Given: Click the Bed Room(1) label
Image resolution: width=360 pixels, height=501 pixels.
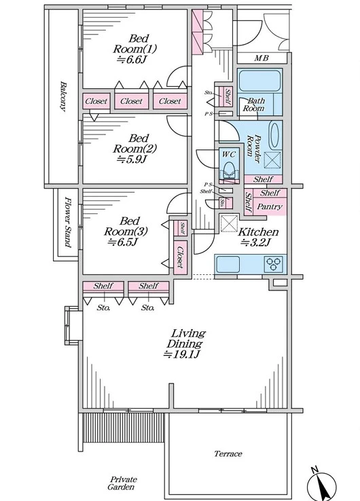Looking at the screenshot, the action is (135, 43).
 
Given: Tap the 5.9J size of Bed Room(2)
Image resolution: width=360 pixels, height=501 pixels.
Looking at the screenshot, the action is (132, 159).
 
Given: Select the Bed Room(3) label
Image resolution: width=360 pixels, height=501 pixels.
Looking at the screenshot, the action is (126, 226).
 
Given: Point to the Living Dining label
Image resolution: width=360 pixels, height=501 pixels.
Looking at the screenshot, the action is (185, 338).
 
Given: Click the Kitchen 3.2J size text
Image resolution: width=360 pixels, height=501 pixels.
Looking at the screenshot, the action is (256, 242).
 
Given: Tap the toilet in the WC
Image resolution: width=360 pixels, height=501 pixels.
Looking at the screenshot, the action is (229, 170).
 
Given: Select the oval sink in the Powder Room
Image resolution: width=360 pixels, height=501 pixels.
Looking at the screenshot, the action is (274, 135).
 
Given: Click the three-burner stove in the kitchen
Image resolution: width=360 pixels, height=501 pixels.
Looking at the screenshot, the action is (273, 264).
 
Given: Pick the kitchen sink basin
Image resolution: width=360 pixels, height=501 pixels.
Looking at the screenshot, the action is (228, 264).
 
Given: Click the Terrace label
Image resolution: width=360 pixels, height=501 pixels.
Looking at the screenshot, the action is (228, 453).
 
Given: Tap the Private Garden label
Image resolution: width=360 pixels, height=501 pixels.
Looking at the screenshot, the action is (122, 483).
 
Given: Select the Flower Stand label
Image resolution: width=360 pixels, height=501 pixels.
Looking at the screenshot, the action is (67, 222).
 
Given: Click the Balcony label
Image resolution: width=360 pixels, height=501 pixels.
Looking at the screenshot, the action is (63, 96).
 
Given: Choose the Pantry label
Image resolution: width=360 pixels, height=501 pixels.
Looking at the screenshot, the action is (270, 207).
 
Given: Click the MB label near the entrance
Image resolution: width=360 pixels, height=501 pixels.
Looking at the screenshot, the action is (262, 58).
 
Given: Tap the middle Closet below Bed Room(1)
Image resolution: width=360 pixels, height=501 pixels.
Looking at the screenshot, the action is (131, 101).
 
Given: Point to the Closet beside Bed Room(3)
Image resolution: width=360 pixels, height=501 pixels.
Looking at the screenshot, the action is (181, 257).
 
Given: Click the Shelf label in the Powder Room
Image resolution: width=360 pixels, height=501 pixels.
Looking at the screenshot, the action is (263, 179).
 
